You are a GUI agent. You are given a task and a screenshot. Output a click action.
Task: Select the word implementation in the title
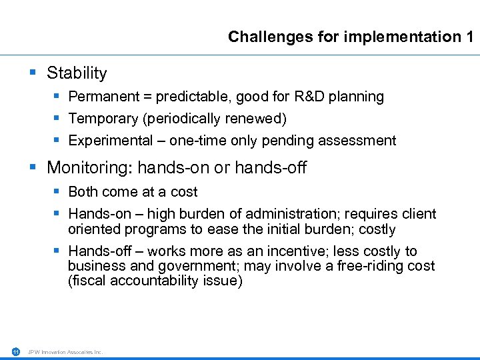[401, 37]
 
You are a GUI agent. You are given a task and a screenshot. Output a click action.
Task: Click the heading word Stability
[77, 73]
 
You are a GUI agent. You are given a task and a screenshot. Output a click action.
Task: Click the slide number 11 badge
[15, 351]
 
